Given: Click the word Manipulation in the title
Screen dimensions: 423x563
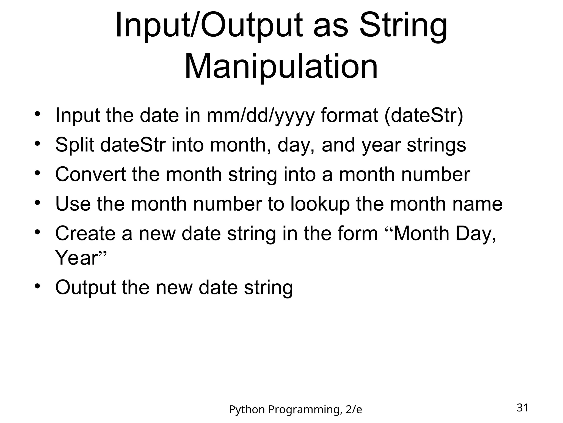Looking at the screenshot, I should (x=281, y=67).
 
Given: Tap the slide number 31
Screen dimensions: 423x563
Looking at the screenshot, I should (x=522, y=408).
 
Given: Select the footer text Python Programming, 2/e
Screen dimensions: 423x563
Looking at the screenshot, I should (x=295, y=410).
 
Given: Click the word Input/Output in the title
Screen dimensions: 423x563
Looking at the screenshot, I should (x=209, y=26).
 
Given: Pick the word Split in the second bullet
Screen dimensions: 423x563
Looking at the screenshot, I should (x=75, y=145).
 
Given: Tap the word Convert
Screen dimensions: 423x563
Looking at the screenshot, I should (x=90, y=175).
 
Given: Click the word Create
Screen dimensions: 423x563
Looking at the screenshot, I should (x=85, y=234).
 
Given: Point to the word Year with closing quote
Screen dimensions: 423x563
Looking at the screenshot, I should (x=80, y=258).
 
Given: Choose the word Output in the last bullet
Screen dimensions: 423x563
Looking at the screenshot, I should (x=85, y=288).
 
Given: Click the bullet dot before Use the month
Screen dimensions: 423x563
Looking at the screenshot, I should (x=38, y=203).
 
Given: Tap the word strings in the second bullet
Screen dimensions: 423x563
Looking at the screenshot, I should (x=436, y=145).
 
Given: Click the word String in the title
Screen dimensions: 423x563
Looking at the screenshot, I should (x=403, y=26).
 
